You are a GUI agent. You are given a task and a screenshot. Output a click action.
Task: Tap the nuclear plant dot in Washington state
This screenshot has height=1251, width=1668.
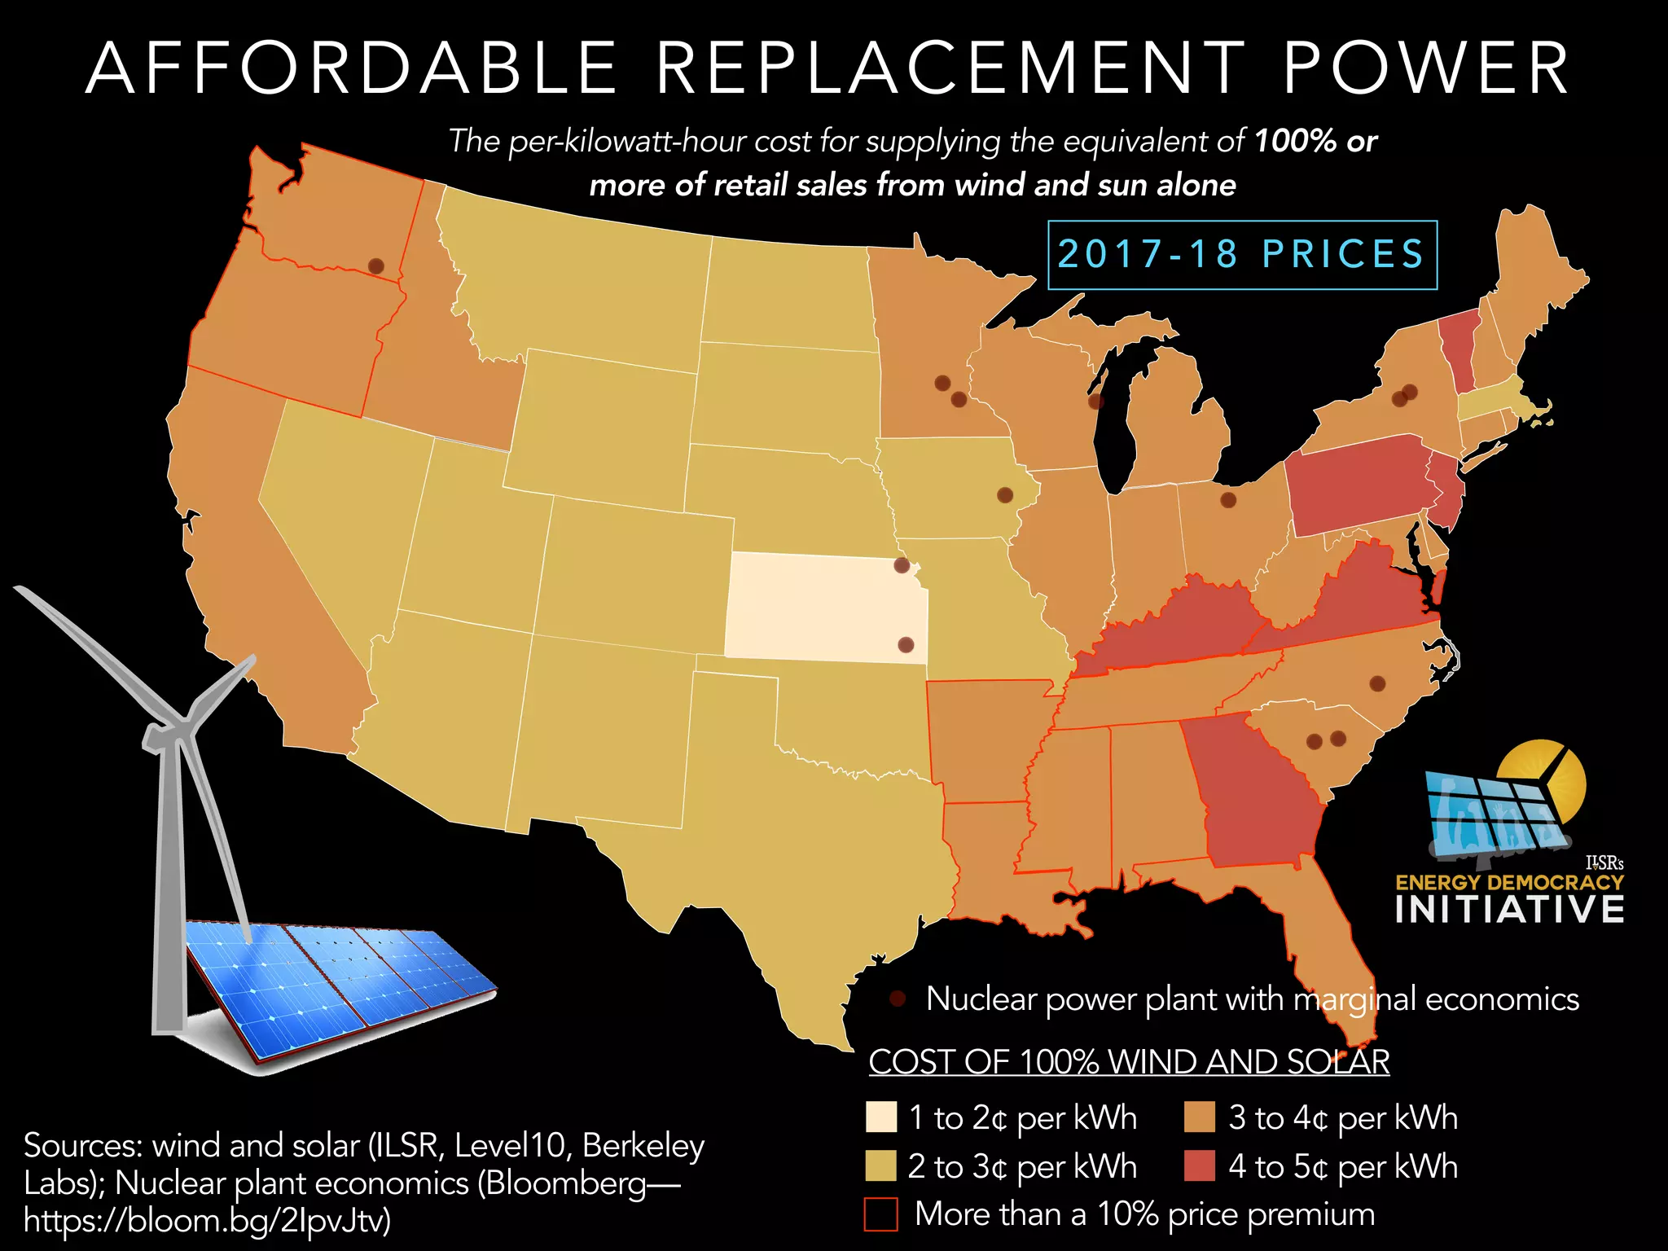coord(375,266)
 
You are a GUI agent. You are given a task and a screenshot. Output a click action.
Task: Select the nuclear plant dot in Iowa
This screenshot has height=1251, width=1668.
coord(1005,495)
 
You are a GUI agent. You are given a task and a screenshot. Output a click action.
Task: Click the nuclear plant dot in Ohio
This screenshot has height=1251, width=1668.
coord(1228,500)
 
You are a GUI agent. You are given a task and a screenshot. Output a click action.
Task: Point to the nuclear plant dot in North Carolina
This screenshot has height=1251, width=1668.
coord(1377,683)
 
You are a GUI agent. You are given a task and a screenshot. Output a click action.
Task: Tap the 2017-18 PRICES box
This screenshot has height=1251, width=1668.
coord(1242,255)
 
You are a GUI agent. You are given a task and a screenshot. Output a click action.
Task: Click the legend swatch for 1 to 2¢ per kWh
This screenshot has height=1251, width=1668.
coord(880,1117)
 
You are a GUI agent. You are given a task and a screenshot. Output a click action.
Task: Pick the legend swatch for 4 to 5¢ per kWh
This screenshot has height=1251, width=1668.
coord(1199,1165)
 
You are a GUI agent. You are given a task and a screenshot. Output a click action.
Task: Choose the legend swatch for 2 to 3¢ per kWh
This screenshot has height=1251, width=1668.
coord(880,1165)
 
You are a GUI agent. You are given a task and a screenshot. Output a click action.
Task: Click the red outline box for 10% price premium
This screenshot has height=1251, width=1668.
coord(880,1214)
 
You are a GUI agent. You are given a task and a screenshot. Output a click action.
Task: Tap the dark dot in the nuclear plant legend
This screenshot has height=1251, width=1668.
coord(898,999)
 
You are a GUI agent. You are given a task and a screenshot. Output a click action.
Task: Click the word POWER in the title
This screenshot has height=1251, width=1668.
coord(1425,69)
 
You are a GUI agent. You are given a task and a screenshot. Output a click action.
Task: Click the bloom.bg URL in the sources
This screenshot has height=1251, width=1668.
coord(208,1220)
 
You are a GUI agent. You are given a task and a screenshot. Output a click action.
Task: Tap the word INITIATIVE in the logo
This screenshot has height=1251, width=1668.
coord(1509,910)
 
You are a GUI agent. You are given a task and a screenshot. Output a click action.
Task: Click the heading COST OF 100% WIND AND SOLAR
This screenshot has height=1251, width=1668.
coord(1129,1061)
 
